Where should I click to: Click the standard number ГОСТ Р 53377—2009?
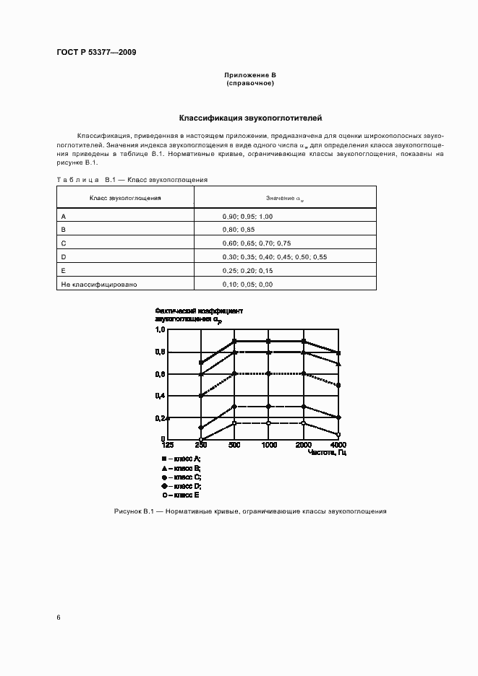[x=96, y=53]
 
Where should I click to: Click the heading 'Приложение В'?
[x=249, y=76]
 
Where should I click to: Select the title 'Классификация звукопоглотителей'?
[x=250, y=117]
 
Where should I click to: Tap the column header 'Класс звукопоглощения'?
[x=125, y=197]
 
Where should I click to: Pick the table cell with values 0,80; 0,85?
[x=238, y=229]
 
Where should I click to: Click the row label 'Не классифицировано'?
[x=95, y=284]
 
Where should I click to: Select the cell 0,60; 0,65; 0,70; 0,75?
[x=257, y=243]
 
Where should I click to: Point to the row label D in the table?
[x=64, y=256]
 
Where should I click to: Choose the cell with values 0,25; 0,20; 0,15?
[x=247, y=270]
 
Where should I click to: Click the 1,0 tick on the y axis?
[x=161, y=329]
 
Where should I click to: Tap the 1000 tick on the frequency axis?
[x=268, y=446]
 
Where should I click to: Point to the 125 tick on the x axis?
[x=168, y=446]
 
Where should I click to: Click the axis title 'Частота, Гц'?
[x=327, y=452]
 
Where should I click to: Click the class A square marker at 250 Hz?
[x=201, y=363]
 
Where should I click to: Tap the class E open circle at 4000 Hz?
[x=338, y=435]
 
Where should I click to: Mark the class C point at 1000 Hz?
[x=268, y=373]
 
